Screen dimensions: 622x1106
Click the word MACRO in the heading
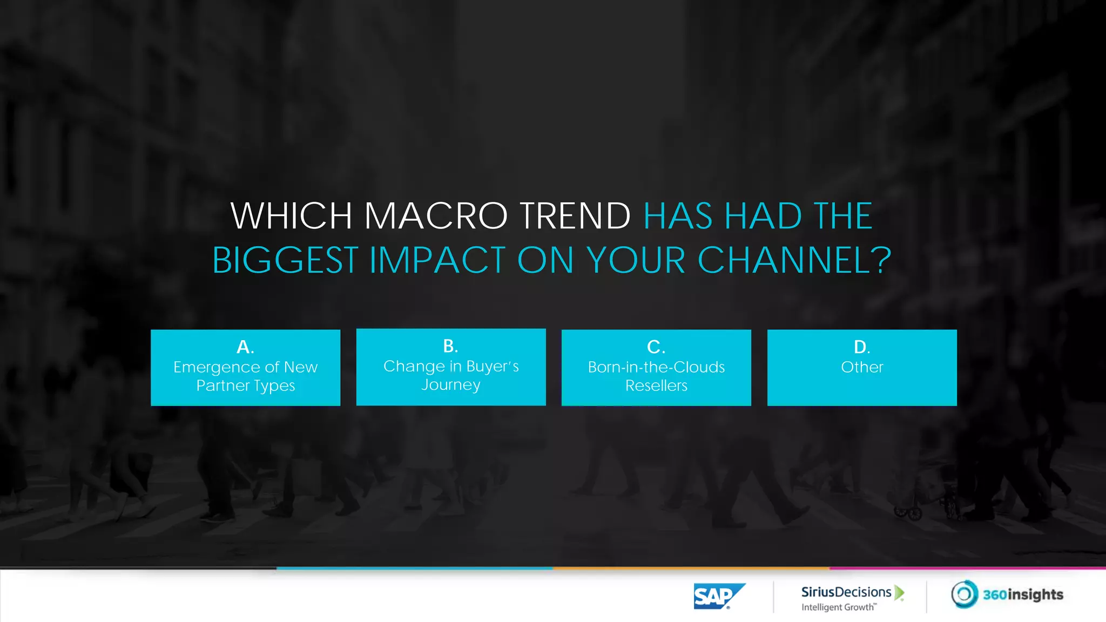point(436,216)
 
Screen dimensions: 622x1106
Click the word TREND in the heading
point(575,216)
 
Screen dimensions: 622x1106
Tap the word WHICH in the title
point(292,216)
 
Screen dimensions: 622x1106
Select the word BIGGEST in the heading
point(285,260)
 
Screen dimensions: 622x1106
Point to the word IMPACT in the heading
point(437,260)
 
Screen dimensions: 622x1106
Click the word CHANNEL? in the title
point(794,260)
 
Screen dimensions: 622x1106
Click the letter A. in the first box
point(245,347)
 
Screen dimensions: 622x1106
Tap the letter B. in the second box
point(450,346)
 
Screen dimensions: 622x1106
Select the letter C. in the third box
point(656,347)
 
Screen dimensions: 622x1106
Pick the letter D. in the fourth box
point(861,347)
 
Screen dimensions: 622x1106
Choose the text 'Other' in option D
point(862,367)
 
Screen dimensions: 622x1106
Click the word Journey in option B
point(451,385)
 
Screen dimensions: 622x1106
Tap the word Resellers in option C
point(656,386)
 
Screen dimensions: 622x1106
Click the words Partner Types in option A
point(246,386)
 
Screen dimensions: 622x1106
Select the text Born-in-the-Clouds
point(656,367)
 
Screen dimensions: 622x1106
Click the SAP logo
point(718,596)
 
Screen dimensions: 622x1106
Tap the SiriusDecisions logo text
point(846,592)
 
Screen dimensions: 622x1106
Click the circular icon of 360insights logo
point(964,594)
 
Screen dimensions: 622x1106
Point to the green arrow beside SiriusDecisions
point(899,592)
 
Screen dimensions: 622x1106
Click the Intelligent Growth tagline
point(838,607)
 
